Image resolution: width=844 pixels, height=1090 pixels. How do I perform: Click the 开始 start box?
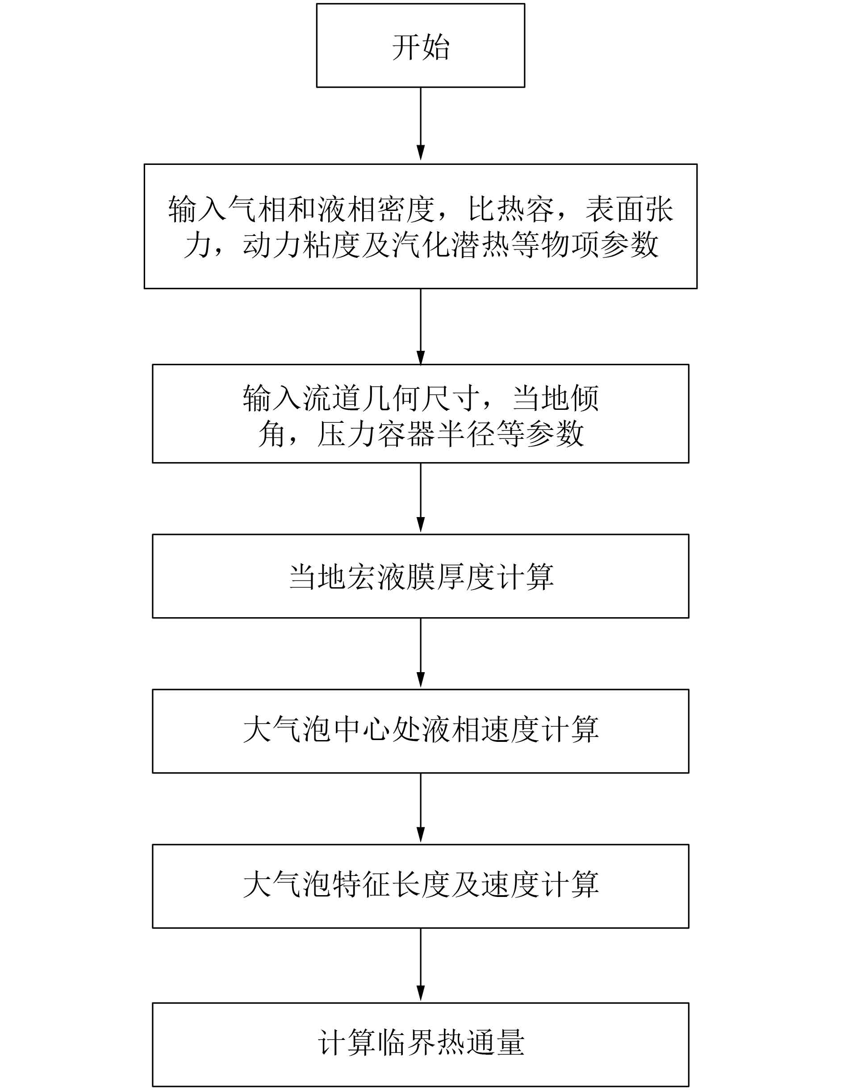tap(421, 46)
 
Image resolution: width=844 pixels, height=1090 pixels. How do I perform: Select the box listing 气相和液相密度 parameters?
tap(421, 226)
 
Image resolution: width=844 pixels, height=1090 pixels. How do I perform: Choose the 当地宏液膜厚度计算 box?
tap(421, 576)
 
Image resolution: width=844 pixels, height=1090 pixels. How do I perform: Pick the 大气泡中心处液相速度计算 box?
tap(421, 731)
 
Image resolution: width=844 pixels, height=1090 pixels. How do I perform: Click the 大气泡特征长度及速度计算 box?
tap(421, 886)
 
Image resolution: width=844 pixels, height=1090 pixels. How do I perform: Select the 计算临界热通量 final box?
tap(421, 1044)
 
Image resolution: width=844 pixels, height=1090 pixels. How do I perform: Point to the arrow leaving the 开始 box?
tap(421, 125)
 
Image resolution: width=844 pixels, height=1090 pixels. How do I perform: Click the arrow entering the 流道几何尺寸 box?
tap(421, 327)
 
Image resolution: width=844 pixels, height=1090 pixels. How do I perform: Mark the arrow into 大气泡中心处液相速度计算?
tap(421, 653)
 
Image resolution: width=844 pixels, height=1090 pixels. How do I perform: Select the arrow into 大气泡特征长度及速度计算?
tap(421, 808)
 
